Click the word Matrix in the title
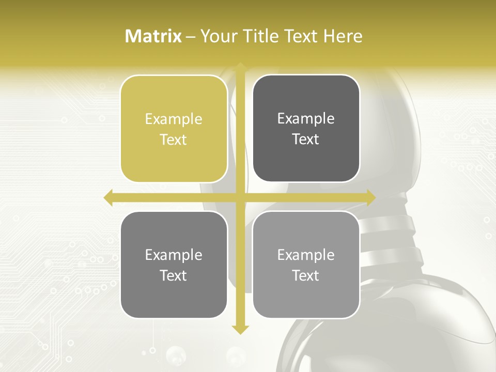tap(153, 36)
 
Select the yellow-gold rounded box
tap(174, 129)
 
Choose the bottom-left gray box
tap(174, 265)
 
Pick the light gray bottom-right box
tap(306, 265)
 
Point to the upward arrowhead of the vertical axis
tap(240, 67)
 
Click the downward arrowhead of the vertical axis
tap(240, 329)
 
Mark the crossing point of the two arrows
tap(240, 197)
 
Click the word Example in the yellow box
tap(174, 119)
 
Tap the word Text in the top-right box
tap(306, 139)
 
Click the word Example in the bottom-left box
tap(174, 255)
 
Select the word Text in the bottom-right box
tap(306, 276)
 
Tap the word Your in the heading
tap(218, 36)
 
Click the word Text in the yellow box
tap(174, 140)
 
